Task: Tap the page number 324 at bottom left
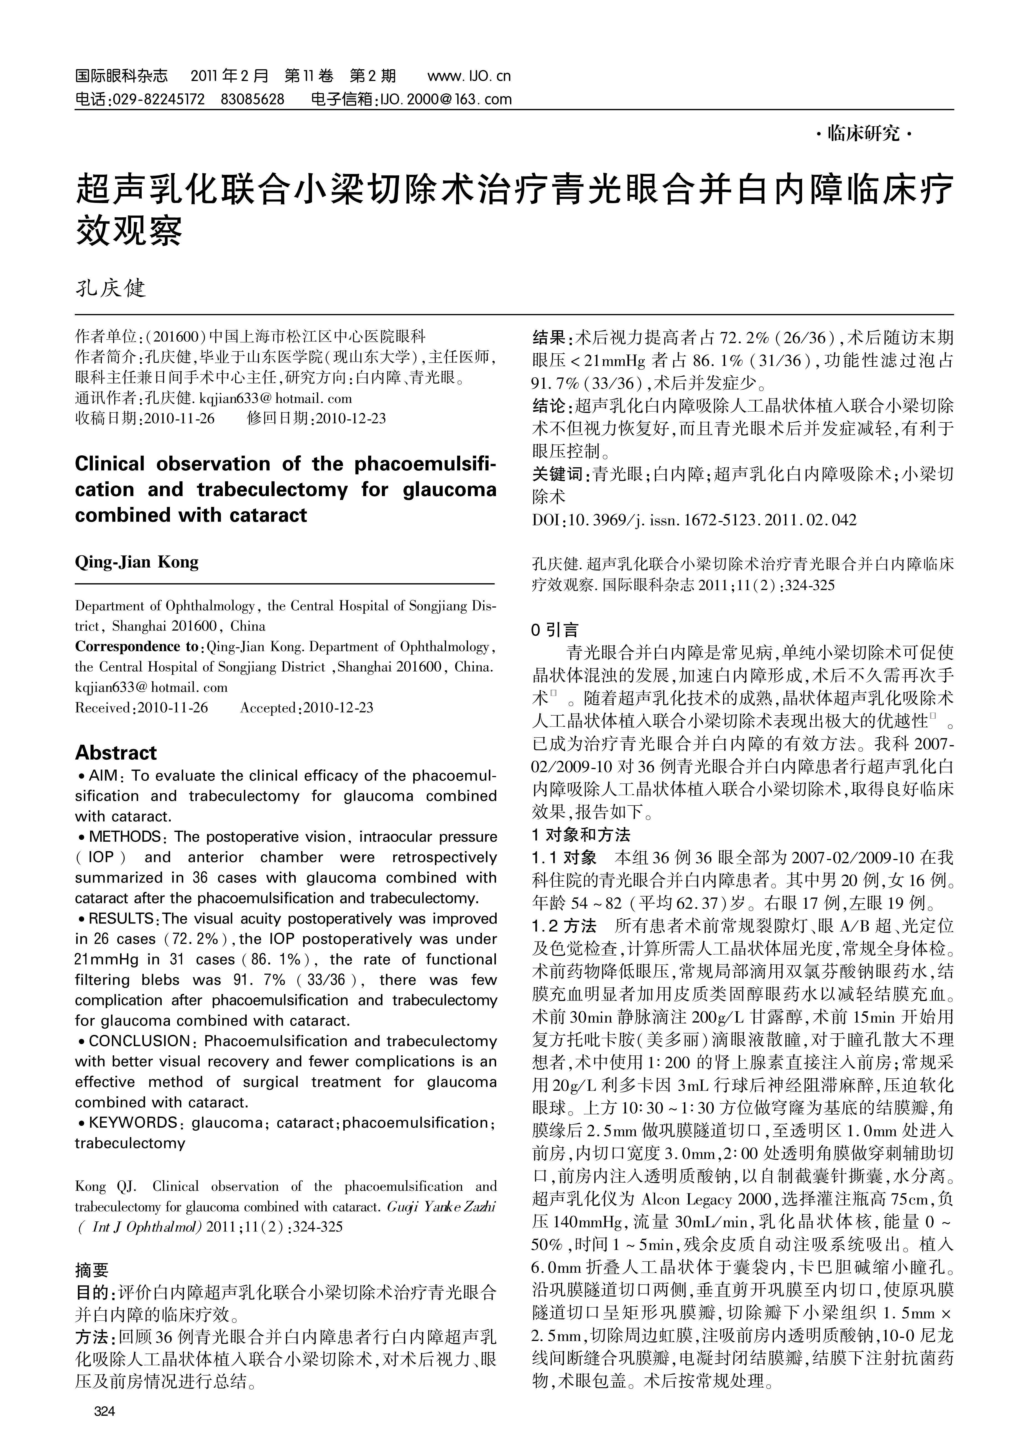104,1411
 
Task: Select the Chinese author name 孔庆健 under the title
111,288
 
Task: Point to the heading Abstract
116,752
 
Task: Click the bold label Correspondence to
137,646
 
